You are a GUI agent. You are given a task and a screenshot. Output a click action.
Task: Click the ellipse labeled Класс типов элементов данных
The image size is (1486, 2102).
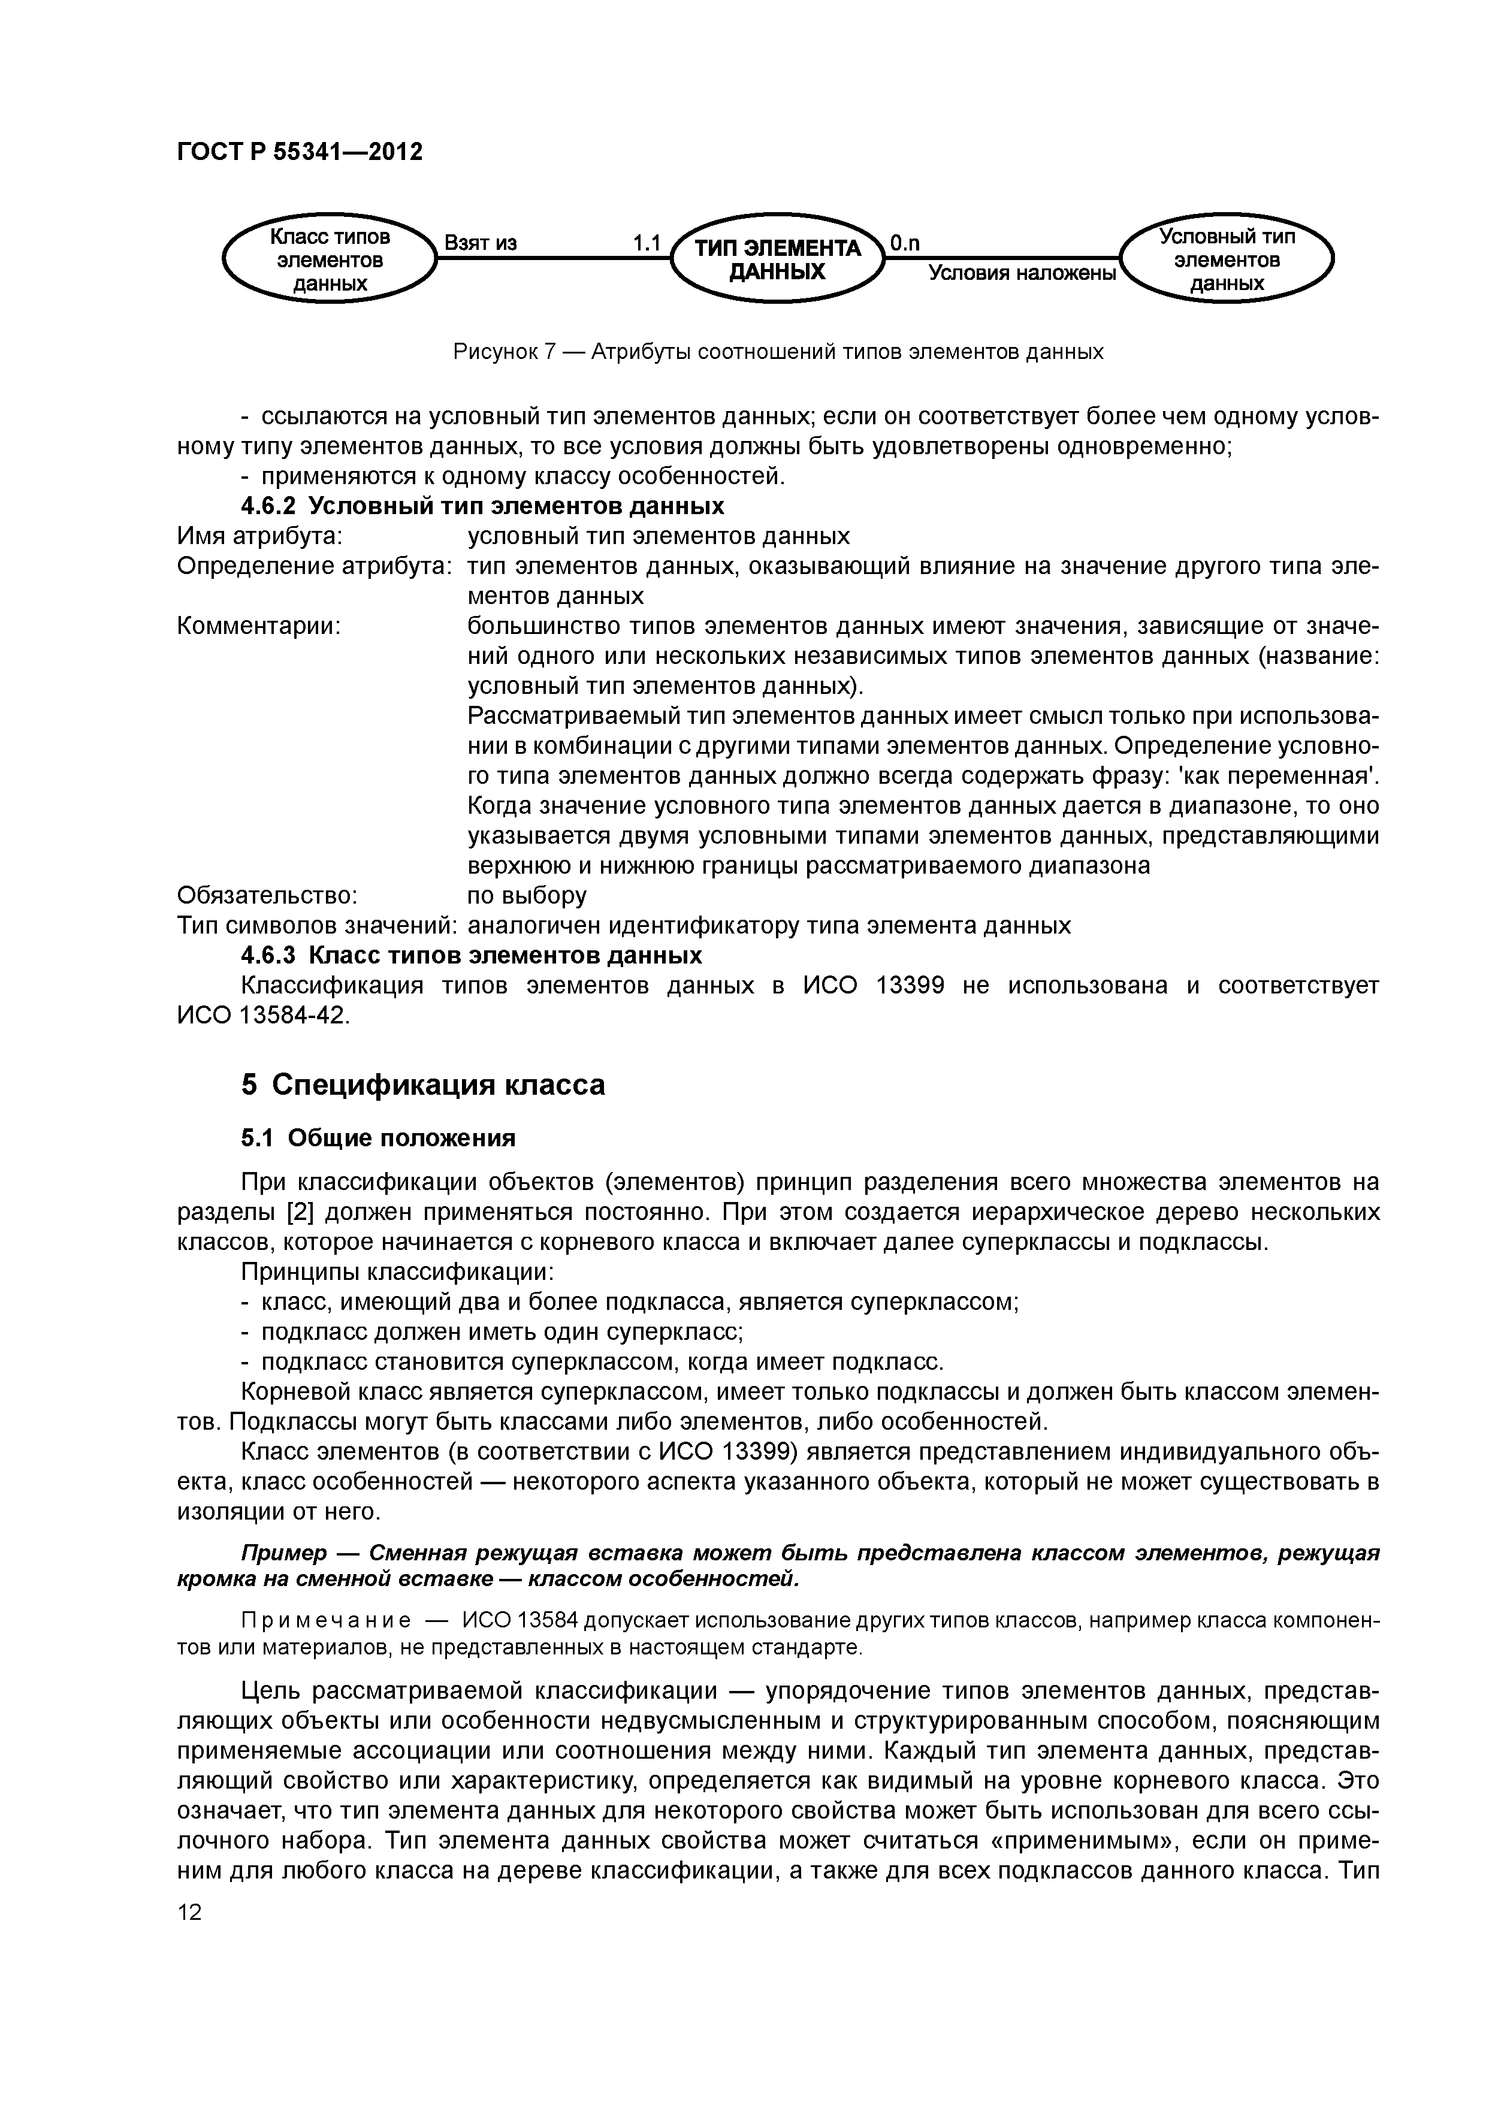point(330,261)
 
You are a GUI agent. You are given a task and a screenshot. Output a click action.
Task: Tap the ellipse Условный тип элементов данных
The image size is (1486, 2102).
point(1227,261)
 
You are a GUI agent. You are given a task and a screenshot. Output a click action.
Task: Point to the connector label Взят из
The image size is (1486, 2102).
point(481,243)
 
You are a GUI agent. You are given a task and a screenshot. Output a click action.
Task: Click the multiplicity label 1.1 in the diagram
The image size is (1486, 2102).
point(647,243)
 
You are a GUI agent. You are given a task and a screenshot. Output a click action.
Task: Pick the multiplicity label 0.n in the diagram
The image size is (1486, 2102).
point(905,243)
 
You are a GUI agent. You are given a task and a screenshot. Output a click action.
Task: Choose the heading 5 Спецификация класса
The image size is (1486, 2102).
point(423,1085)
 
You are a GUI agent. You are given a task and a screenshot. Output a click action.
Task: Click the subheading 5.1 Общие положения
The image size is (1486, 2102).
point(378,1138)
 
